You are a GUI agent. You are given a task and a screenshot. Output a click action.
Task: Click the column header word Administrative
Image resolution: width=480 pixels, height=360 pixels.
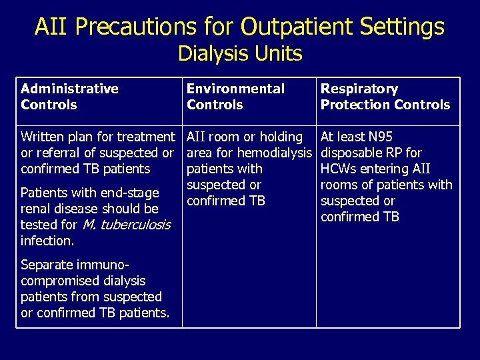pos(69,89)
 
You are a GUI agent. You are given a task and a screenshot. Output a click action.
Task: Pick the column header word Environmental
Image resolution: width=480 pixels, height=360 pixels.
pos(235,89)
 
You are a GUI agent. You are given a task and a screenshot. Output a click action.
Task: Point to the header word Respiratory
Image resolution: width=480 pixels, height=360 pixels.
pos(359,89)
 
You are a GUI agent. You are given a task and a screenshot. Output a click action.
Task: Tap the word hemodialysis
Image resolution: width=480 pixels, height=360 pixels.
pos(273,153)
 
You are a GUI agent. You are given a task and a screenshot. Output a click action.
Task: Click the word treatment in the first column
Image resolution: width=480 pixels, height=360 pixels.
pos(145,137)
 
